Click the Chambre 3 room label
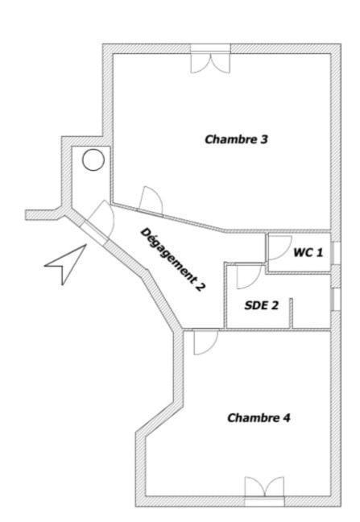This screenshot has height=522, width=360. pyautogui.click(x=236, y=139)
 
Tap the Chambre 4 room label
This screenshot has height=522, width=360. pyautogui.click(x=259, y=417)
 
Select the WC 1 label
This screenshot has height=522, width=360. pyautogui.click(x=308, y=252)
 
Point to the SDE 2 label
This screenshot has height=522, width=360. pyautogui.click(x=262, y=305)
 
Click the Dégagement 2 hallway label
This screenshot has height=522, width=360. pyautogui.click(x=172, y=259)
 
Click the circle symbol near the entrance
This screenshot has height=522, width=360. pyautogui.click(x=93, y=159)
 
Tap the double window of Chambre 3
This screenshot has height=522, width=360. pyautogui.click(x=210, y=59)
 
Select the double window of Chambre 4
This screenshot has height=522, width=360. pyautogui.click(x=264, y=491)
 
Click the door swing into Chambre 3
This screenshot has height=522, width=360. pyautogui.click(x=151, y=200)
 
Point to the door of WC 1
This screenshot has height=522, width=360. pyautogui.click(x=279, y=247)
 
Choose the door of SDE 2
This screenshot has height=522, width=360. pyautogui.click(x=249, y=276)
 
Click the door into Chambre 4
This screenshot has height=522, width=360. pyautogui.click(x=205, y=342)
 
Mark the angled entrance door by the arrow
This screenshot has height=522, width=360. pyautogui.click(x=100, y=220)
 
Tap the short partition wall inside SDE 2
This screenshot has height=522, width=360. pyautogui.click(x=291, y=313)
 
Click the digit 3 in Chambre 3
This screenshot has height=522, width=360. pyautogui.click(x=264, y=139)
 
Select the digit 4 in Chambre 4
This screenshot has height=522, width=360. pyautogui.click(x=287, y=417)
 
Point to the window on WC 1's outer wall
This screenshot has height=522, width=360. pyautogui.click(x=336, y=253)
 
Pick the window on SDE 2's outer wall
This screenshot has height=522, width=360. pyautogui.click(x=336, y=300)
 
